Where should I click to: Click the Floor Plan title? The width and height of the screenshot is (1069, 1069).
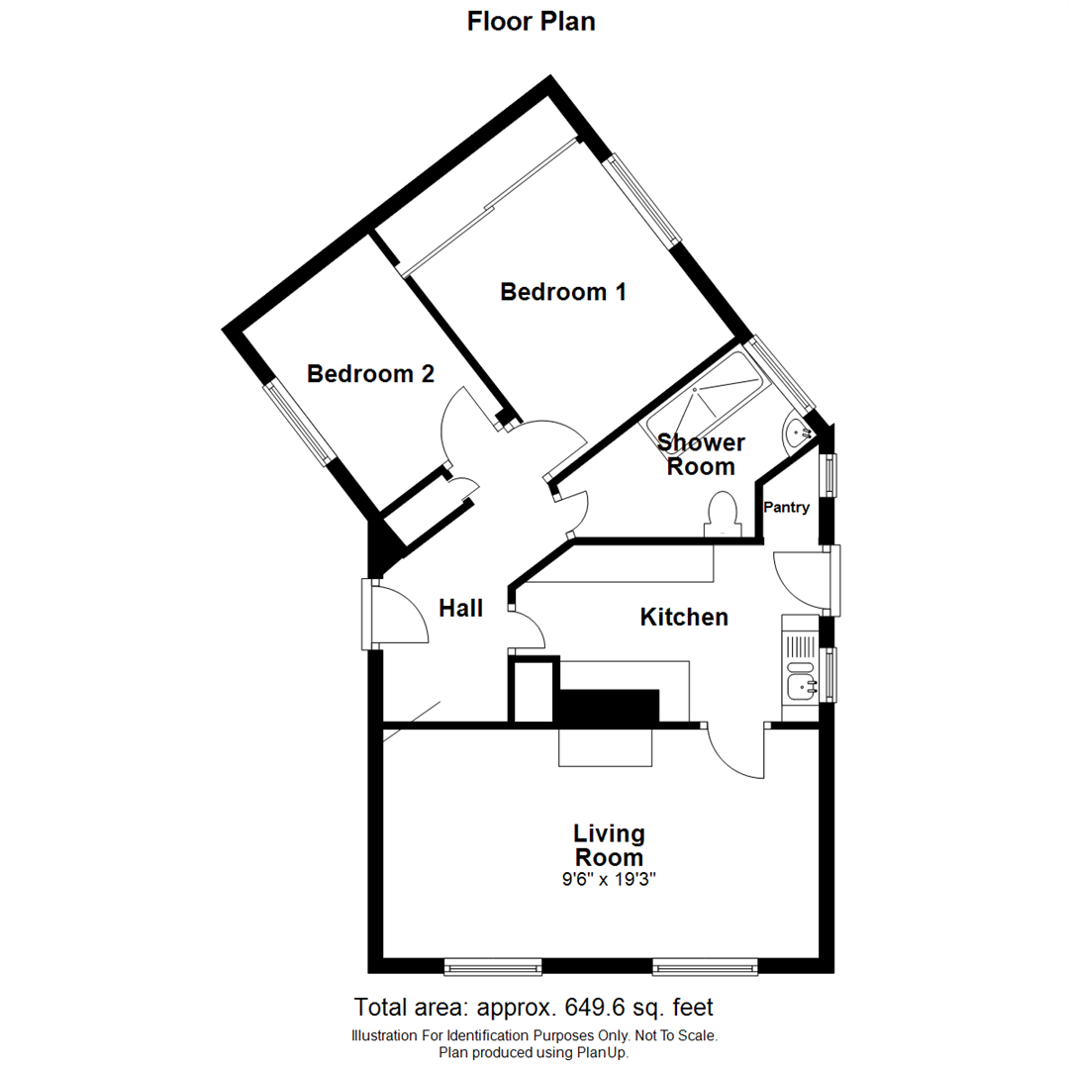click(x=532, y=21)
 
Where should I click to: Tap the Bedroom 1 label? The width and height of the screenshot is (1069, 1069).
click(x=563, y=292)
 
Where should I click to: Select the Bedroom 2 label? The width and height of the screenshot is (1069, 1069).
click(x=370, y=374)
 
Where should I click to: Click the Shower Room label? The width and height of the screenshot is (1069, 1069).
click(x=701, y=454)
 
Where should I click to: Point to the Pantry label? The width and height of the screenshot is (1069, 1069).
click(x=787, y=508)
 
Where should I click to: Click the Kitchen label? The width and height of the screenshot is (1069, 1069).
click(x=684, y=618)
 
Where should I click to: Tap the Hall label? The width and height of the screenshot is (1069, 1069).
click(x=461, y=609)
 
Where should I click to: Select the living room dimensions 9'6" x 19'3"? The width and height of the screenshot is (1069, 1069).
click(x=609, y=878)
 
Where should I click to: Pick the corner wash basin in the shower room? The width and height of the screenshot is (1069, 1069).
click(x=798, y=433)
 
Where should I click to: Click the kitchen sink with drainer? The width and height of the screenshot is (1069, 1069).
click(x=800, y=668)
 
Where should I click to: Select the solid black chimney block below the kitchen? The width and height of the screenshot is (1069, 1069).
click(x=606, y=706)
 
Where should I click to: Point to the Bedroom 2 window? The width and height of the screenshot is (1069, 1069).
click(x=299, y=424)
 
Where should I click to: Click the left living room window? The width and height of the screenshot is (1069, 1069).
click(x=492, y=965)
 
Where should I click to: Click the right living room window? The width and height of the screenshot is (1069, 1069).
click(x=706, y=965)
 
